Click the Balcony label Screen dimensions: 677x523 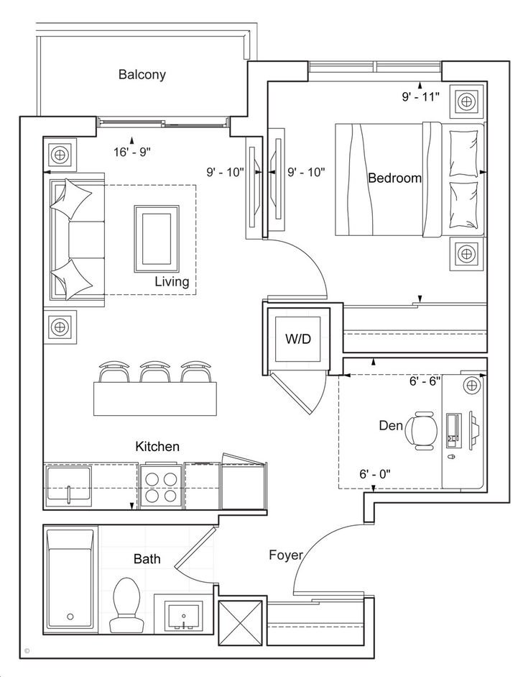point(142,74)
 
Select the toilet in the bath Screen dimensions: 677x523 point(126,604)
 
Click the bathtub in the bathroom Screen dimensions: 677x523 point(70,579)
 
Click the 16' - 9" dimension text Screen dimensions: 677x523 point(132,151)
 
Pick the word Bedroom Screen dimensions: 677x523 point(394,178)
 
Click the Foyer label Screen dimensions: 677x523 point(285,555)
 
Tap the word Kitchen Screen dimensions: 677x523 point(157,447)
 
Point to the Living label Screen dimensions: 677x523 point(172,281)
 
